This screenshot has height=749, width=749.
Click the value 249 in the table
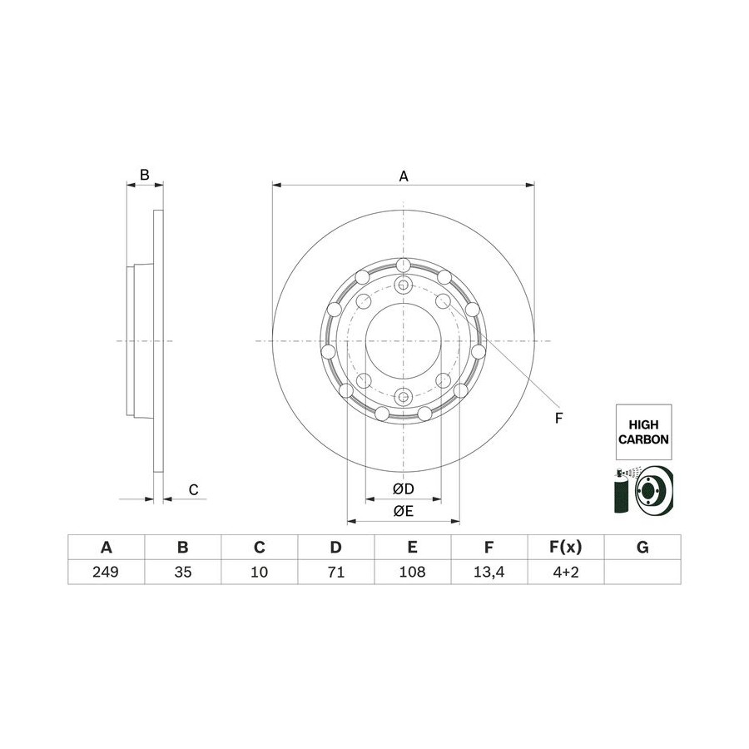(x=106, y=572)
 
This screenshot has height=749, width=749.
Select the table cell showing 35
(x=182, y=572)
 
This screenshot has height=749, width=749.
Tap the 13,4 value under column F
(x=489, y=572)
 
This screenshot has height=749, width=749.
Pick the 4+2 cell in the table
(x=566, y=572)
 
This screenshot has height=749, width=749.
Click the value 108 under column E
(x=412, y=572)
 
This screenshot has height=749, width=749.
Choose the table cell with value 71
(x=336, y=572)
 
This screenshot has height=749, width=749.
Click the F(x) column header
(x=566, y=547)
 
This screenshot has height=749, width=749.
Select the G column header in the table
(x=642, y=547)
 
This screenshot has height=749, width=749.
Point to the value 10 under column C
(x=259, y=572)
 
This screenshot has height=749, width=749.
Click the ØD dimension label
(x=403, y=489)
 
